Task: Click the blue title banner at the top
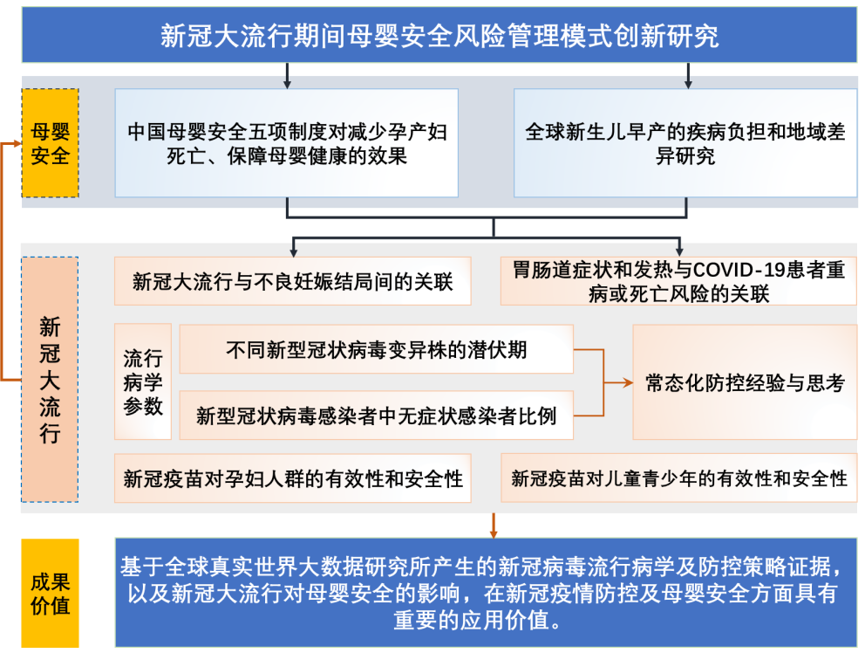(439, 35)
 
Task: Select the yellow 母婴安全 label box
(51, 143)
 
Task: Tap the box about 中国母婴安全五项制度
(286, 143)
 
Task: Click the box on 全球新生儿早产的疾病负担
(685, 143)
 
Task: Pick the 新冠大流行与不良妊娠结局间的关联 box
(292, 281)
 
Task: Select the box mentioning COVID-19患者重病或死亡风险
(678, 281)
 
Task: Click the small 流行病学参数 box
(143, 381)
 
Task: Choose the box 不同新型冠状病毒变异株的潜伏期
(376, 349)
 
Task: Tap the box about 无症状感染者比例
(376, 416)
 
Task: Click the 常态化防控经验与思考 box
(745, 381)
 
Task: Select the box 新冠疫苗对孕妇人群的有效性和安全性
(292, 478)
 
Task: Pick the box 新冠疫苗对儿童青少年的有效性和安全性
(678, 478)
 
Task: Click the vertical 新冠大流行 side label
(50, 380)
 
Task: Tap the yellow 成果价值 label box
(51, 593)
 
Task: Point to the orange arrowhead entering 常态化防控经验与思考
(627, 382)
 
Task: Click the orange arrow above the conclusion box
(494, 526)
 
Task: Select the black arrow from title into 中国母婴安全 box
(287, 76)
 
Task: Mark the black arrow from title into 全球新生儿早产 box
(688, 76)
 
